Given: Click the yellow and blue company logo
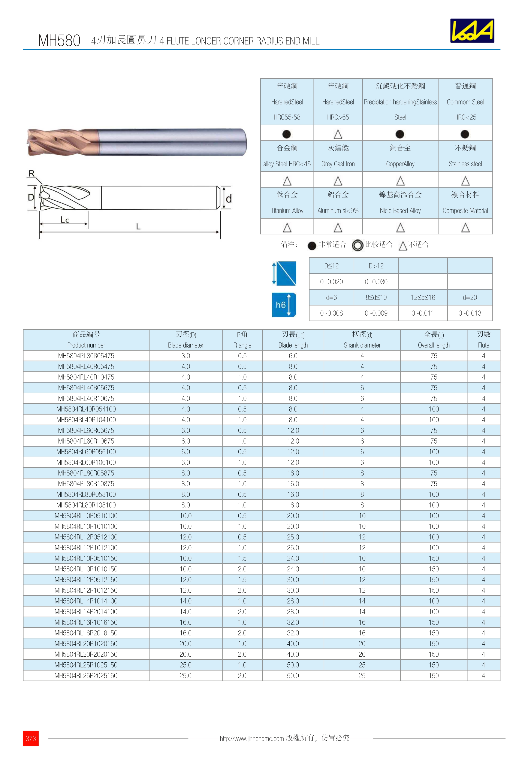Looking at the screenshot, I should [x=472, y=31].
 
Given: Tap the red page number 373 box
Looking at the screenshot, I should [x=31, y=738].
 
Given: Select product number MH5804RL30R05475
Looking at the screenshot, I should [x=86, y=356].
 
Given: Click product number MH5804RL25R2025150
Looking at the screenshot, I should [x=86, y=676].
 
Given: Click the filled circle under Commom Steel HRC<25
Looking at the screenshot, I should [x=465, y=134].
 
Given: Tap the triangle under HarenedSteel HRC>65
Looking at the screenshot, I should [x=338, y=134].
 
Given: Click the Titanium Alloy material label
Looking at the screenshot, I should [x=287, y=210].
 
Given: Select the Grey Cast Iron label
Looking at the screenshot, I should [x=338, y=164].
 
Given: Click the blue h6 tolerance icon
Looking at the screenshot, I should [x=284, y=305].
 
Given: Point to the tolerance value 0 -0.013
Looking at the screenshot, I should [x=470, y=313].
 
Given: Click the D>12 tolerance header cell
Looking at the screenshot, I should [x=376, y=266].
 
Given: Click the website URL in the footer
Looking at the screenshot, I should [x=251, y=738].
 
